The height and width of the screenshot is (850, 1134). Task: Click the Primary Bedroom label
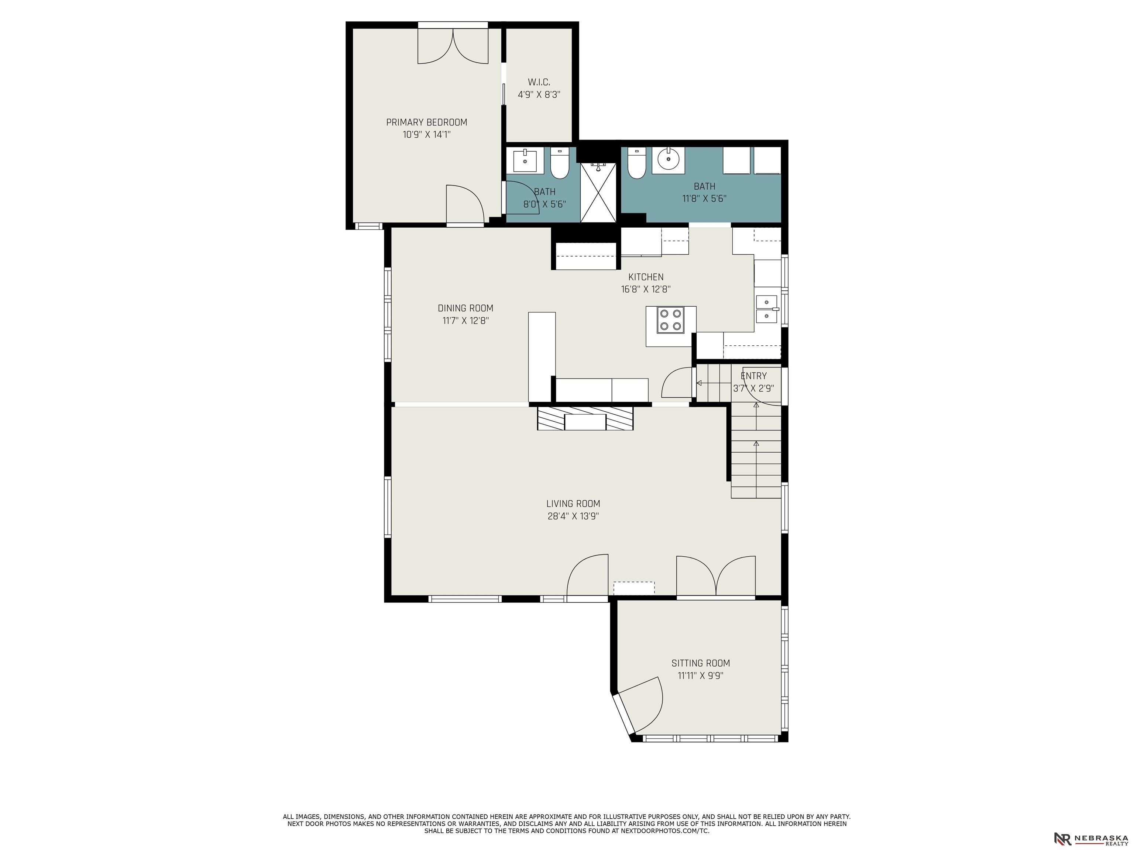point(426,122)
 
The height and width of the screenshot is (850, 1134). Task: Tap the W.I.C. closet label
point(539,82)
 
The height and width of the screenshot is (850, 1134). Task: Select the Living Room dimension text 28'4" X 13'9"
point(573,516)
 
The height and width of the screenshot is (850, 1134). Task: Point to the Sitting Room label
point(700,663)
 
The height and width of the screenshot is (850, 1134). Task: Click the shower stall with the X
point(598,193)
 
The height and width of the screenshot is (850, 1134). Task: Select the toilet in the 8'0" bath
point(559,163)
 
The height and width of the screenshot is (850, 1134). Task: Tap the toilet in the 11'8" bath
point(637,163)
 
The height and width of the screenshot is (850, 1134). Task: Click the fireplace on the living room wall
point(585,418)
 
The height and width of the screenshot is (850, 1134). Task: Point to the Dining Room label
point(465,308)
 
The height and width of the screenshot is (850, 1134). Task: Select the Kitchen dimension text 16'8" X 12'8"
point(646,289)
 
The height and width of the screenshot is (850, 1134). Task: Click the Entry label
point(754,376)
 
